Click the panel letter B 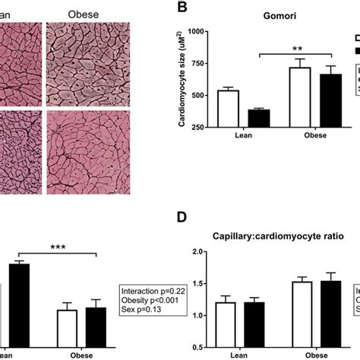pyautogui.click(x=182, y=8)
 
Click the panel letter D pyautogui.click(x=182, y=218)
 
